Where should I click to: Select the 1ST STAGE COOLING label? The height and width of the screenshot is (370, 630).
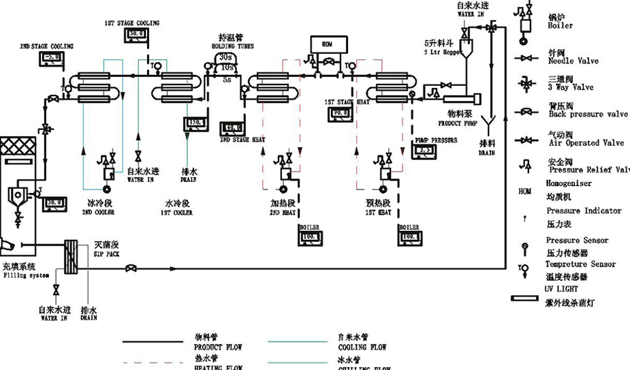132,23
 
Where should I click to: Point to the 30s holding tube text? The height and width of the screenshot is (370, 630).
227,57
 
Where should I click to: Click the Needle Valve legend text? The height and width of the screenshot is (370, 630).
573,61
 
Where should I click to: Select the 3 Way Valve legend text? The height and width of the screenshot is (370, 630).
570,87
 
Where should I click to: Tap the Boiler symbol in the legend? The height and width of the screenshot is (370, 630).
525,21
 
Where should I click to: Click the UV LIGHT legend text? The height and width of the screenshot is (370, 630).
561,289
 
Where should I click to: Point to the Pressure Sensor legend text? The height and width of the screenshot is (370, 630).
577,241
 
